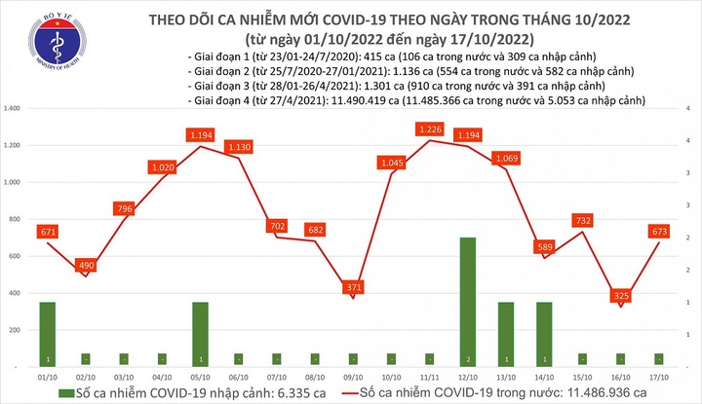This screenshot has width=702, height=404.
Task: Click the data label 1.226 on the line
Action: (x=429, y=128)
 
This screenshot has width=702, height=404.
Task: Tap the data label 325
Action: (x=620, y=295)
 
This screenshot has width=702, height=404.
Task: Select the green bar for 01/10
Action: (x=47, y=332)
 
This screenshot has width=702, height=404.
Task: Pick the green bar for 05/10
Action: (x=200, y=332)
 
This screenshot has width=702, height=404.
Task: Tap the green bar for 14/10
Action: (x=544, y=332)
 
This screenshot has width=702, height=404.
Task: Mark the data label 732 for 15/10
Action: (x=583, y=220)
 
